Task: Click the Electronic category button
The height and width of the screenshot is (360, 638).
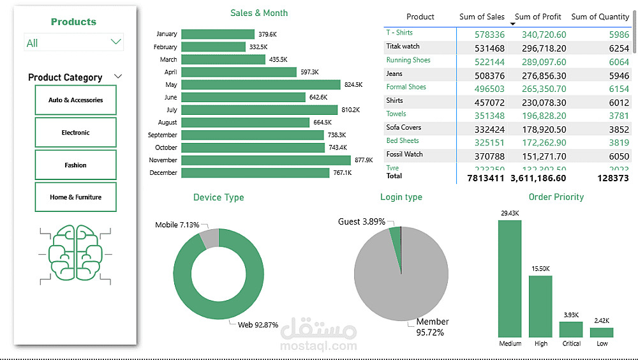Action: [x=75, y=133]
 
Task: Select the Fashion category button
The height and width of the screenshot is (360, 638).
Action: [x=75, y=165]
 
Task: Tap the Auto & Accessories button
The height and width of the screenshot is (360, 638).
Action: [x=75, y=100]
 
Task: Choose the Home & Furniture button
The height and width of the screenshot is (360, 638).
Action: [x=75, y=197]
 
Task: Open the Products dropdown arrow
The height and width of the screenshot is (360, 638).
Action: [x=115, y=42]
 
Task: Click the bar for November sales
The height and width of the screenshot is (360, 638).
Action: [x=265, y=160]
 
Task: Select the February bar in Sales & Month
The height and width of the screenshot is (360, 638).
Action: [x=213, y=47]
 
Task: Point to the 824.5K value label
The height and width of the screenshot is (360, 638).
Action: [x=353, y=85]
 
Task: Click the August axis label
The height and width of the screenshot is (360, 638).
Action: [x=167, y=123]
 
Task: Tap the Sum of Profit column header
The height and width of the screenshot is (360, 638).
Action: [x=537, y=17]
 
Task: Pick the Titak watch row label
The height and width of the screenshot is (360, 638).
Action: [x=403, y=46]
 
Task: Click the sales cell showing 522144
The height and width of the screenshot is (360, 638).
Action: [x=490, y=62]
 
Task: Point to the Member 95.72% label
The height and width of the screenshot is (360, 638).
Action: [x=433, y=327]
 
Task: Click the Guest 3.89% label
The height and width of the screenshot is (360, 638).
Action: [x=361, y=221]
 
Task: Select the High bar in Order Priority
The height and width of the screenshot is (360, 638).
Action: [x=540, y=306]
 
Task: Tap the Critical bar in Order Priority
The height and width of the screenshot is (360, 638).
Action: [x=571, y=329]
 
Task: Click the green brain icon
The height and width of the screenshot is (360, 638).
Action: [x=75, y=253]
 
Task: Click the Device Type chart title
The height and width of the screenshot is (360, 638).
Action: [x=218, y=197]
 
